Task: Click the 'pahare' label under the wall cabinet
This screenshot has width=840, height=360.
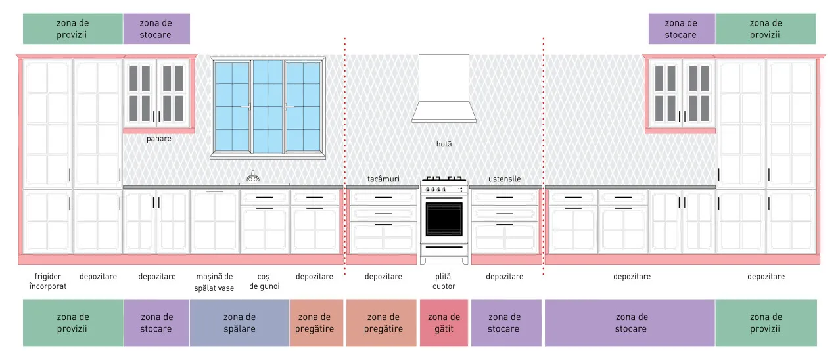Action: click(x=158, y=139)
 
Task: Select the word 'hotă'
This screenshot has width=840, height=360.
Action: click(x=444, y=145)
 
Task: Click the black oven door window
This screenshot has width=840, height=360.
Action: click(x=444, y=219)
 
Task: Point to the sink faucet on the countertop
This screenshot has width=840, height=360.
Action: click(x=253, y=177)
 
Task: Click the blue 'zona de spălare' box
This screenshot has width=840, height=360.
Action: click(x=239, y=323)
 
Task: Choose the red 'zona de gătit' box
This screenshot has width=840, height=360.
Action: click(x=444, y=323)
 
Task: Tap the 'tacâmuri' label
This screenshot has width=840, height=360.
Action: click(x=383, y=179)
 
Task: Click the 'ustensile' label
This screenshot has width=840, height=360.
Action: click(x=504, y=179)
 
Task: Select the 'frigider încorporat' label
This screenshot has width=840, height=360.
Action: click(x=47, y=281)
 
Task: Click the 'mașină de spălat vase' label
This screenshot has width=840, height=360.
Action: click(x=214, y=282)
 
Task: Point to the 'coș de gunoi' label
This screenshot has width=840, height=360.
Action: click(x=264, y=281)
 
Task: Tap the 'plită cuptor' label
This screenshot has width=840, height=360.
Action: click(x=444, y=281)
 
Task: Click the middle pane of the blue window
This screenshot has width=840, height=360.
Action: click(x=268, y=107)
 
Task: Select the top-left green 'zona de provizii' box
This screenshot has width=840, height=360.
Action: click(x=73, y=29)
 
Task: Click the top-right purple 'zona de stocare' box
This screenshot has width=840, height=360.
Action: click(x=682, y=29)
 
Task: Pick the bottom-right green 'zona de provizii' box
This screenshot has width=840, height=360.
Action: click(x=766, y=323)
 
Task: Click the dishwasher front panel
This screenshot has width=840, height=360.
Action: click(x=215, y=221)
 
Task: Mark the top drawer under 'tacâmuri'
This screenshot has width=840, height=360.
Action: click(x=383, y=197)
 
